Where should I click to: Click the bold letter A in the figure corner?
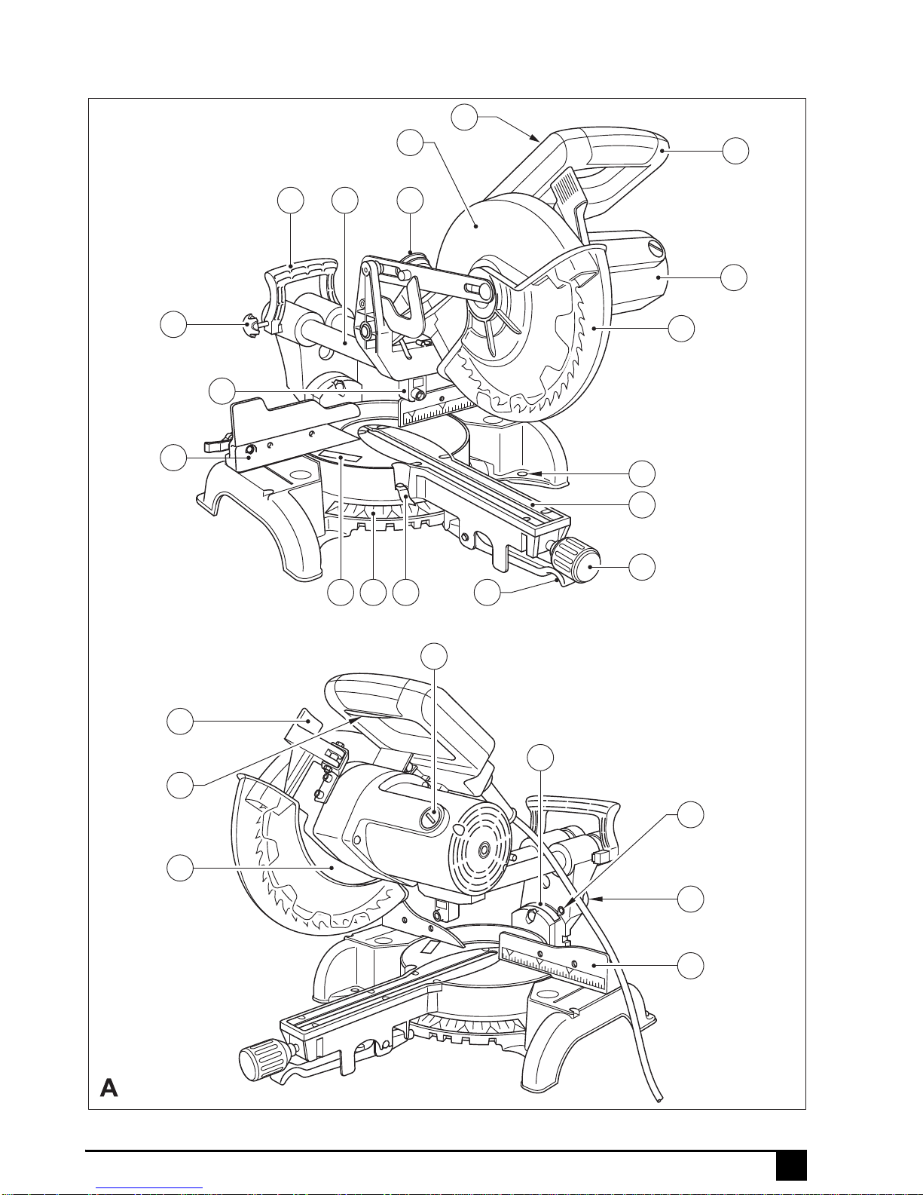click(108, 1088)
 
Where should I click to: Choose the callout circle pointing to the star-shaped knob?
click(173, 324)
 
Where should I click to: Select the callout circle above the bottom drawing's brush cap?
click(434, 656)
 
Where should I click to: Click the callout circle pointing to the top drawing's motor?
click(733, 277)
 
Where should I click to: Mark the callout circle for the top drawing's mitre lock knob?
click(642, 567)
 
